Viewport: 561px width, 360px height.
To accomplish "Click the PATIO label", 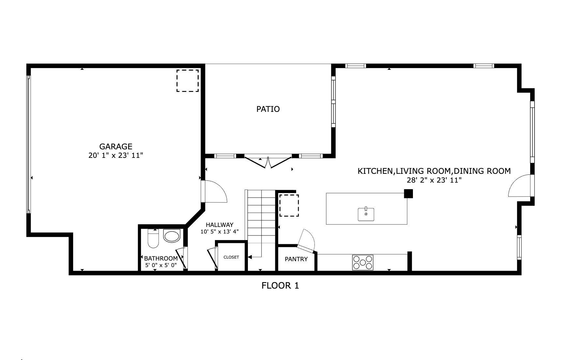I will pos(268,109).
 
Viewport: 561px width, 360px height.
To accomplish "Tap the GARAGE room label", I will pos(116,146).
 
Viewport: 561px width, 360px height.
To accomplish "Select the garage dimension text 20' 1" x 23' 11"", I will pos(116,156).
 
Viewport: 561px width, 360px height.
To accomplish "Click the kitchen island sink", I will pos(366,214).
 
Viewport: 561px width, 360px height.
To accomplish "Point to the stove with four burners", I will pos(363,262).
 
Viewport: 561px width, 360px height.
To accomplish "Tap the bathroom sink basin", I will pos(172,236).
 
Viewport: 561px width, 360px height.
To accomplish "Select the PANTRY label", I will pos(296,259).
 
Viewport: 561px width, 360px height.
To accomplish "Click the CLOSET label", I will pos(231,257).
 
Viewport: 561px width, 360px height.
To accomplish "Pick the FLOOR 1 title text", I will pos(280,286).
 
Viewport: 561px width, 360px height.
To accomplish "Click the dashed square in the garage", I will pos(188,81).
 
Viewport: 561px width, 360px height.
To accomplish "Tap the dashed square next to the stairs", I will pos(289,205).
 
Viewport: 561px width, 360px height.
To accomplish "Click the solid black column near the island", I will pos(408,194).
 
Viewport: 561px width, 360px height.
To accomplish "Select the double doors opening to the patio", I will pos(268,162).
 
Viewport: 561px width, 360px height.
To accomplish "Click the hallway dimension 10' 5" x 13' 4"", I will pos(220,232).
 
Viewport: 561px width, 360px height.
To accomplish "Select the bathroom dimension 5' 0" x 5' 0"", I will pos(161,265).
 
